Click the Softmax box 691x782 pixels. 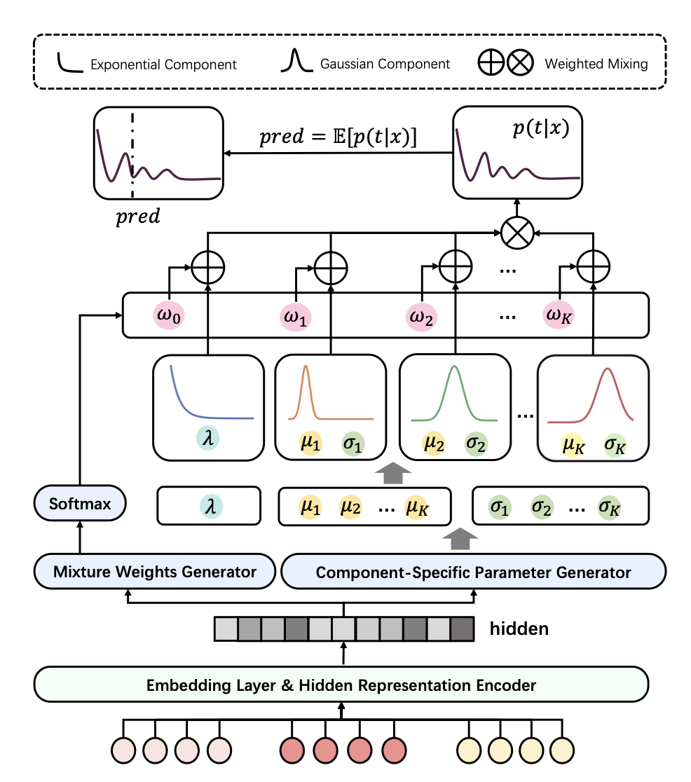tap(80, 504)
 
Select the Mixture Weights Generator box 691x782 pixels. tap(155, 572)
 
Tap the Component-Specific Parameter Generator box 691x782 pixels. tap(473, 572)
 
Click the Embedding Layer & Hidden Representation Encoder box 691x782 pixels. tap(341, 685)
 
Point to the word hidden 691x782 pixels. tap(519, 629)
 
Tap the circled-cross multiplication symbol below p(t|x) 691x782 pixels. tap(517, 232)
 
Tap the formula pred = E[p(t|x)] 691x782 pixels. tap(338, 138)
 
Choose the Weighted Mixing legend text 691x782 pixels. tap(596, 64)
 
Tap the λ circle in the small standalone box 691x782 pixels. tap(209, 505)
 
